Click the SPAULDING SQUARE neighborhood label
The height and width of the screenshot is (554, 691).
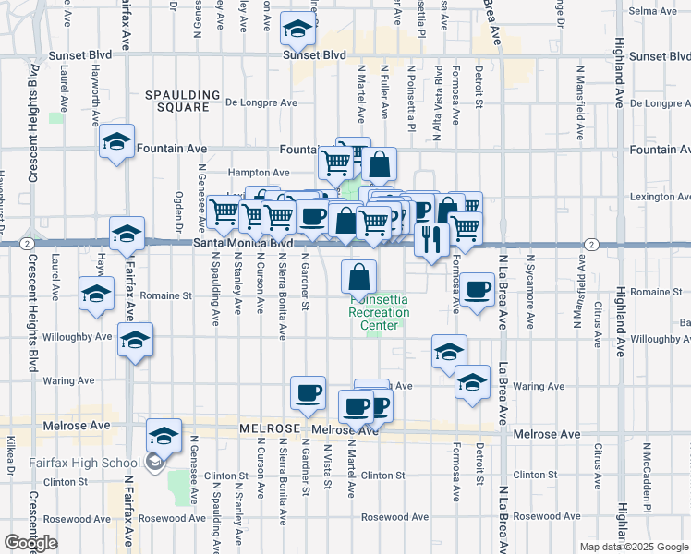point(182,101)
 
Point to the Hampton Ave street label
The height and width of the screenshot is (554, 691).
point(260,173)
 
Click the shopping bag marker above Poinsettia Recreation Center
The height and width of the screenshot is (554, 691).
point(359,275)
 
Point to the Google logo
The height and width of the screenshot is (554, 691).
point(30,543)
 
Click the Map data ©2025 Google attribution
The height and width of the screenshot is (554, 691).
point(633,547)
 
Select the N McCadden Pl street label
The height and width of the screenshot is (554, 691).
point(649,480)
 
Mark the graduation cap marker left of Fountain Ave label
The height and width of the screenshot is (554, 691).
point(116,142)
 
